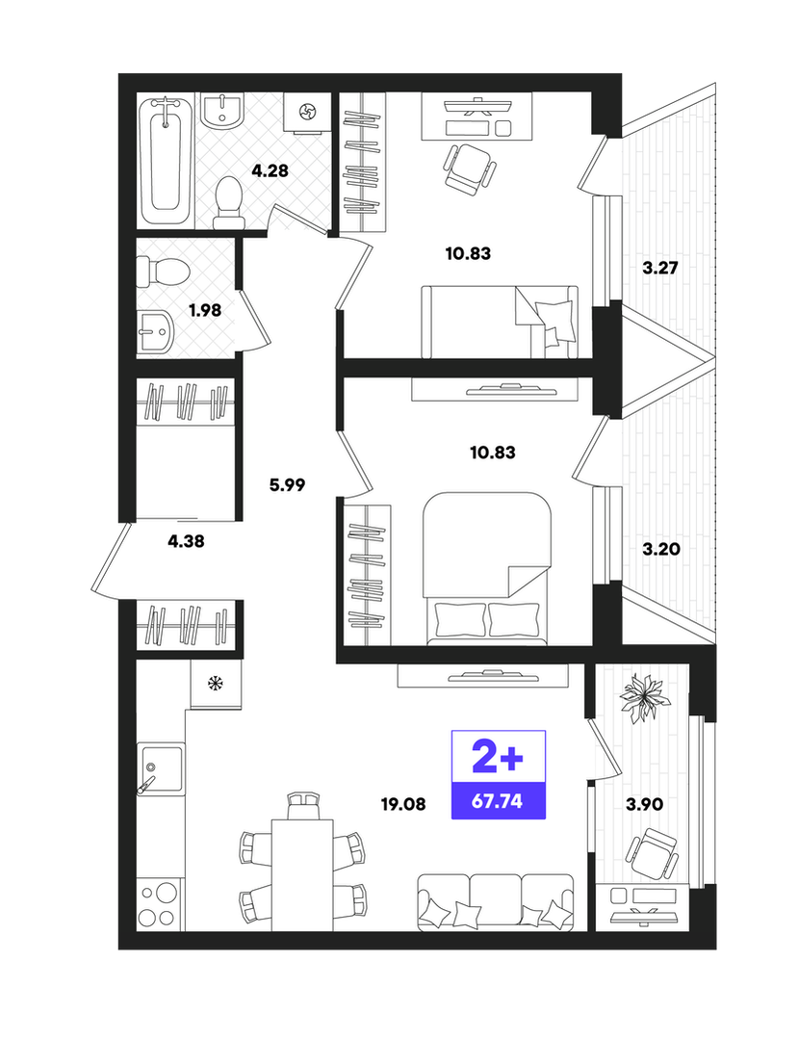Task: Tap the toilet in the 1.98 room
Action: [163, 271]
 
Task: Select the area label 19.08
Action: [403, 804]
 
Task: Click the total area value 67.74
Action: [497, 801]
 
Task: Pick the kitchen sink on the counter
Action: [160, 768]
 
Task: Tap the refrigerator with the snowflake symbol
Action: [216, 684]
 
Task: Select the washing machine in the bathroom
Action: [307, 112]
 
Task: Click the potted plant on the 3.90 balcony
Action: [642, 698]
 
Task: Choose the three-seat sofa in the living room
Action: [496, 902]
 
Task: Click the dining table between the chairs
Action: [302, 874]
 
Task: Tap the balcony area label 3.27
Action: [660, 269]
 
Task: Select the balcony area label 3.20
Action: [661, 549]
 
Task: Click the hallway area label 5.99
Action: [287, 485]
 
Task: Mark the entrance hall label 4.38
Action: [186, 541]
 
